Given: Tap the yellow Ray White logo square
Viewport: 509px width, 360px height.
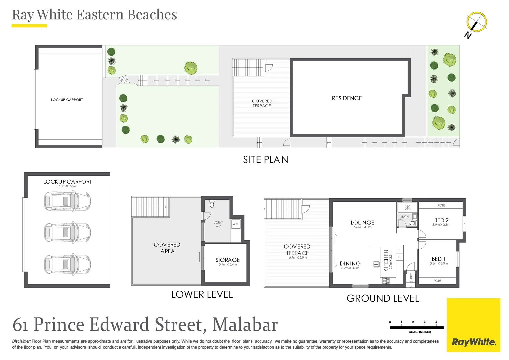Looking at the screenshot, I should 473,325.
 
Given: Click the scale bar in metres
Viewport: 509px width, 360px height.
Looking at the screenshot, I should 417,327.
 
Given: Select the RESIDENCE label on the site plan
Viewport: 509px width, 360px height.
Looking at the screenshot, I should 347,98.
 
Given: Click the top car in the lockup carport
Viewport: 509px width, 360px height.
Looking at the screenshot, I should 67,201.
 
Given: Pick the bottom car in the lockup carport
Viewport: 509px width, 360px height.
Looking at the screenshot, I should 67,264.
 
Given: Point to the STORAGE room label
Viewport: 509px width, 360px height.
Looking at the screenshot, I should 228,260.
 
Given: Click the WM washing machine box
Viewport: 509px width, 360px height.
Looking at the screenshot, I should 236,224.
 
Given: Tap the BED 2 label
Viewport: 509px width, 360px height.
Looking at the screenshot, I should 441,220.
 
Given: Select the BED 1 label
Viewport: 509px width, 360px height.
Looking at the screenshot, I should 439,259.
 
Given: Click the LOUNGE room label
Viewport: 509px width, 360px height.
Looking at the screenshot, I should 362,223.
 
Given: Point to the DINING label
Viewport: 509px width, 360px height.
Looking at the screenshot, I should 350,264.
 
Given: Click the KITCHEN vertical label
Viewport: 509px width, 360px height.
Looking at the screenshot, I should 386,261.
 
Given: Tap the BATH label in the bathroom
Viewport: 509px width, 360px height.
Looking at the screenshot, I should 405,217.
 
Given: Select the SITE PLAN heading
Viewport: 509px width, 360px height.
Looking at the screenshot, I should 265,160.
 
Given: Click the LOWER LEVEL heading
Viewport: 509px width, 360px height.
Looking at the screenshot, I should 202,295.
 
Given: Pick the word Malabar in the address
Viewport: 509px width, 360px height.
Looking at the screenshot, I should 245,325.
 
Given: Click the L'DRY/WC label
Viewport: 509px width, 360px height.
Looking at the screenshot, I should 218,224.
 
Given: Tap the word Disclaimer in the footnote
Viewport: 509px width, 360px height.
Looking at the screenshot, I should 21,341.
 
